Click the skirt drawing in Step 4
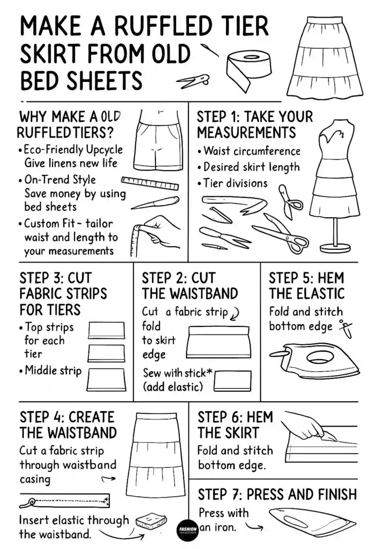(x=155, y=451)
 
